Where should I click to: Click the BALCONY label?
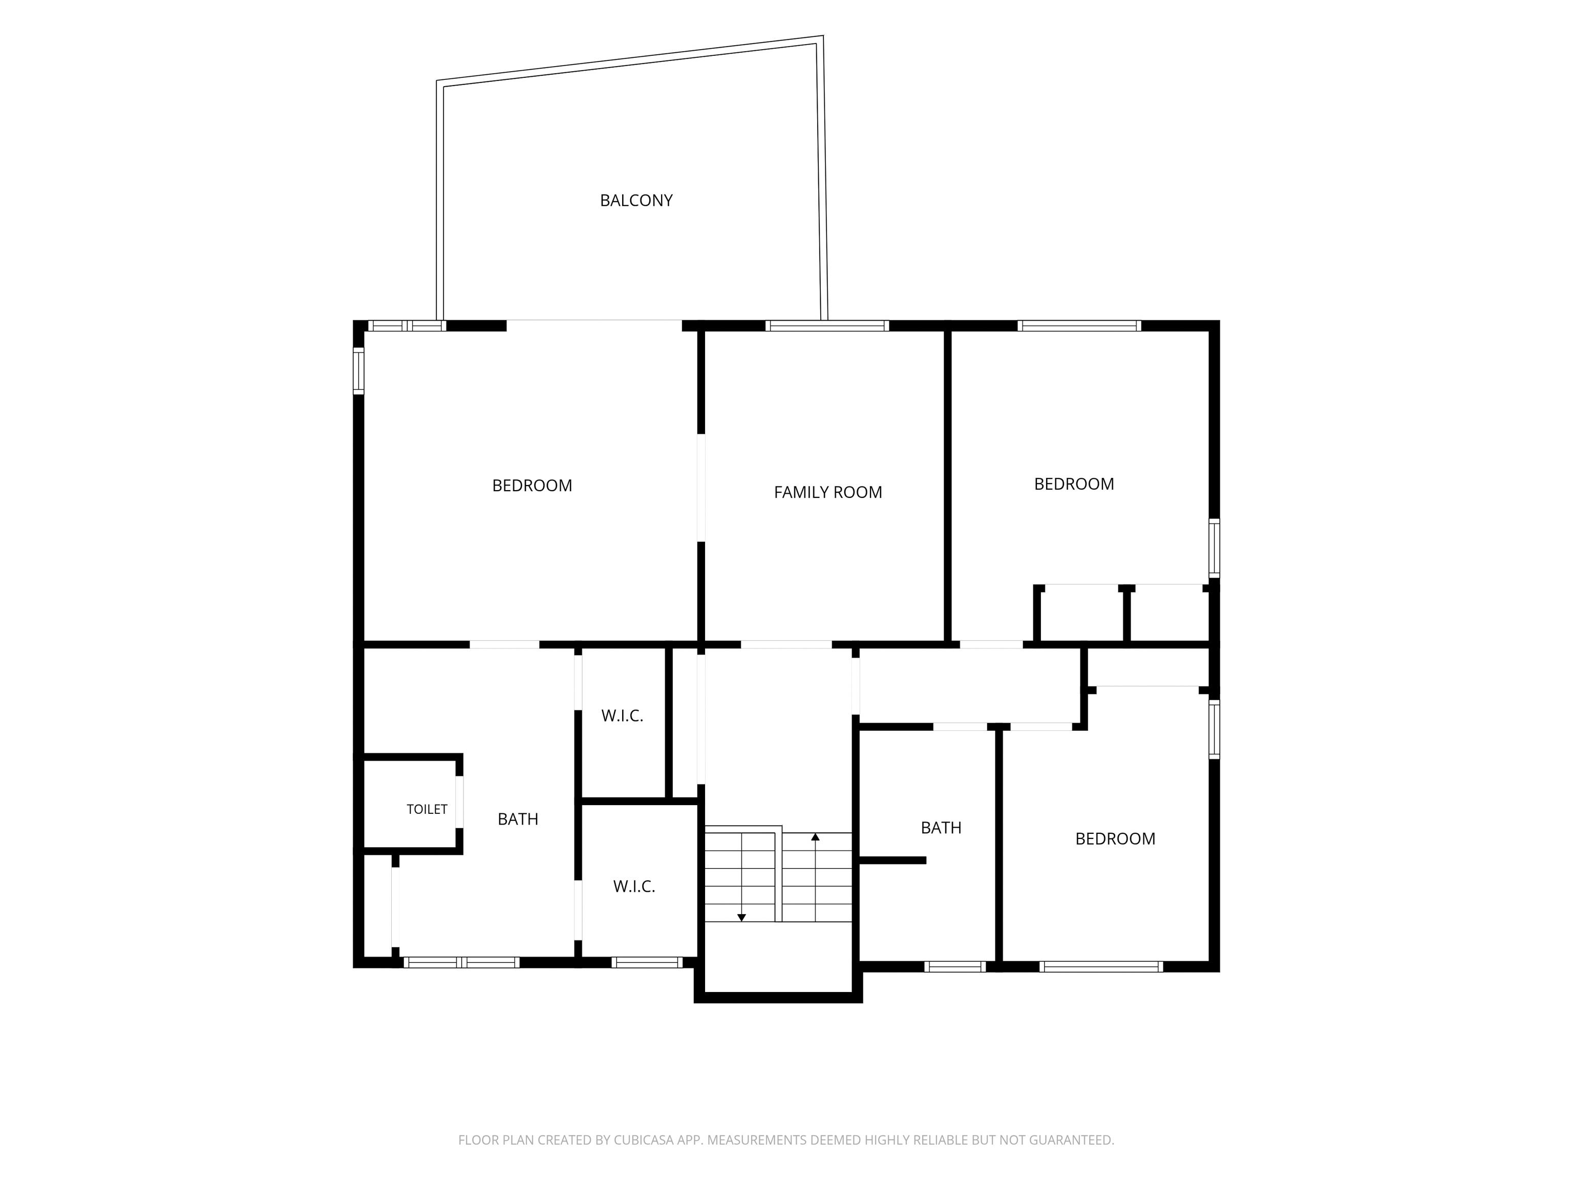coord(636,201)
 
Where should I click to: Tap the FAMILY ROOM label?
coord(828,492)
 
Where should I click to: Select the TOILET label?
coord(427,809)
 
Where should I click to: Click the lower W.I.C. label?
coord(633,886)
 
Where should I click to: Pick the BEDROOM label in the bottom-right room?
coord(1115,838)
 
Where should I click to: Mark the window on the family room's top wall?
coord(827,326)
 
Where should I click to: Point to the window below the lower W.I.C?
coord(647,962)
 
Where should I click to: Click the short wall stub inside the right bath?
coord(892,860)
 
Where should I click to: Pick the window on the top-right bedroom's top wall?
coord(1079,326)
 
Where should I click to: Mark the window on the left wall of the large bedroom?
coord(358,371)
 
